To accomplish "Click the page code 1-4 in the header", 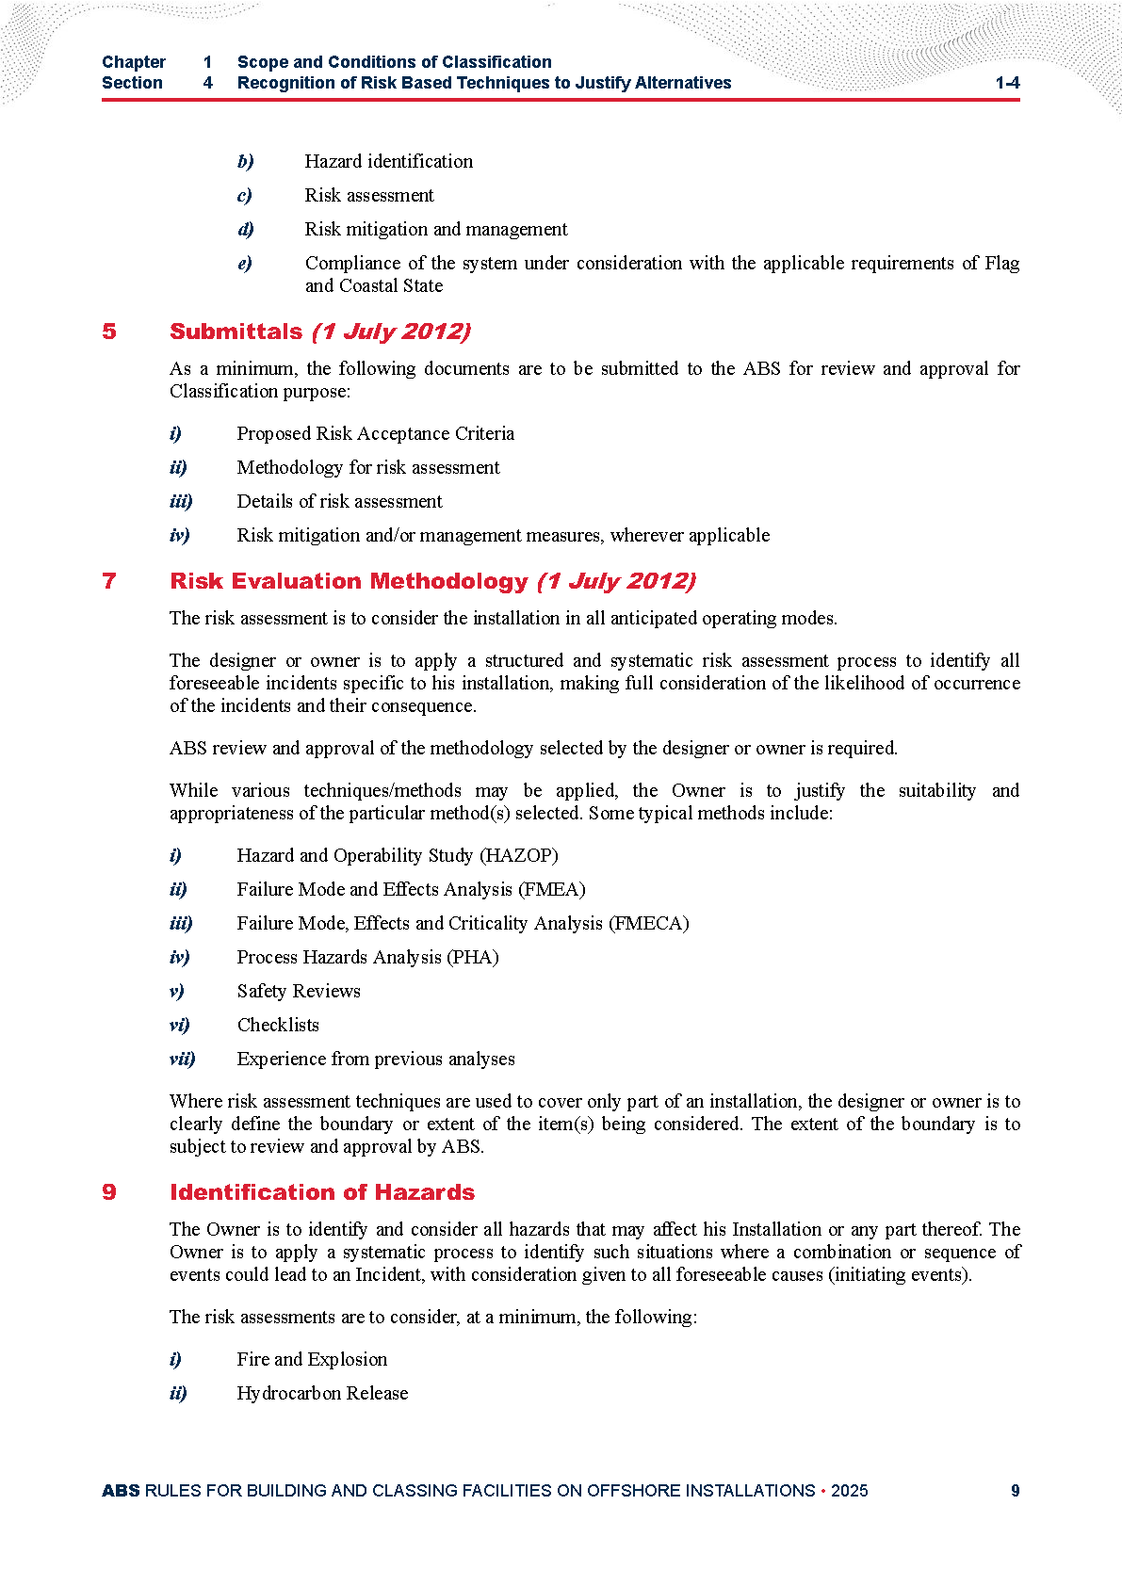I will point(1007,83).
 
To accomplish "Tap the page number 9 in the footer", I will point(1015,1491).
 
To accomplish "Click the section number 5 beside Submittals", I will point(109,332).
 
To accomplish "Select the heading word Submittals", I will point(236,332).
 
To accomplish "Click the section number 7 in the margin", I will point(109,581).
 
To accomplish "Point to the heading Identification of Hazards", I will point(322,1192).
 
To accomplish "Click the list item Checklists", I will point(278,1025).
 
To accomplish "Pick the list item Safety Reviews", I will point(299,991).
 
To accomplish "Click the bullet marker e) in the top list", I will point(245,264).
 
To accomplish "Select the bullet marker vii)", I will point(183,1059).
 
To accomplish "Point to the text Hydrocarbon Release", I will point(322,1393).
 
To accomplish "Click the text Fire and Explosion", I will point(312,1359).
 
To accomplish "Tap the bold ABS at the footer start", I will point(121,1491).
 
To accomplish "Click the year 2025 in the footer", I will point(849,1491).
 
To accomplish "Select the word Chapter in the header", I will point(134,62).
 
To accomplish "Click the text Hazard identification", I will point(388,161).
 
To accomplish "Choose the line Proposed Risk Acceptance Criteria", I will point(375,433).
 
